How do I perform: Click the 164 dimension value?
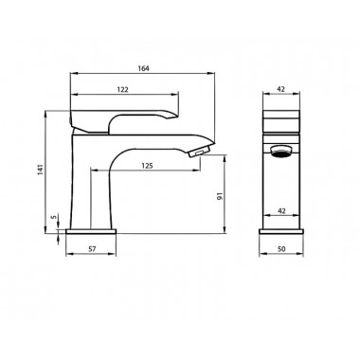pyautogui.click(x=143, y=68)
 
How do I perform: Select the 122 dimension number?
pyautogui.click(x=122, y=90)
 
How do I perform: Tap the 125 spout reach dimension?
pyautogui.click(x=147, y=166)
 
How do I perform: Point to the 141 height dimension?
pyautogui.click(x=41, y=170)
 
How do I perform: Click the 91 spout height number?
pyautogui.click(x=221, y=196)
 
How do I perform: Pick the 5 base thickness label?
pyautogui.click(x=54, y=217)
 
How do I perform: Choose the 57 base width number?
pyautogui.click(x=92, y=249)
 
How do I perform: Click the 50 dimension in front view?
pyautogui.click(x=281, y=249)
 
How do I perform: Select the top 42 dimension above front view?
pyautogui.click(x=280, y=89)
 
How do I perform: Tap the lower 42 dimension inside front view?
pyautogui.click(x=281, y=210)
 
